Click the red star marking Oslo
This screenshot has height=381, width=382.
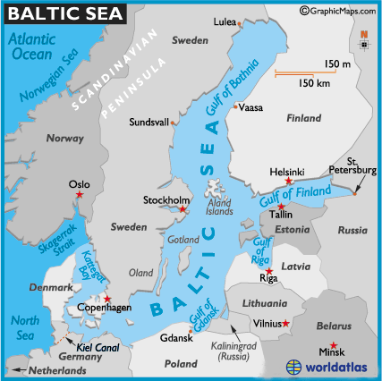79,194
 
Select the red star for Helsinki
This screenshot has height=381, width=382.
288,181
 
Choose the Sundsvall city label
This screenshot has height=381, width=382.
149,122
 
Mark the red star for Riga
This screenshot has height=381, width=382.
269,271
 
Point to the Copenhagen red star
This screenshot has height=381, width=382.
108,299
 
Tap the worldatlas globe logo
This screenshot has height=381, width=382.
295,367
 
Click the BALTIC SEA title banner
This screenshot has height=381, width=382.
62,13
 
